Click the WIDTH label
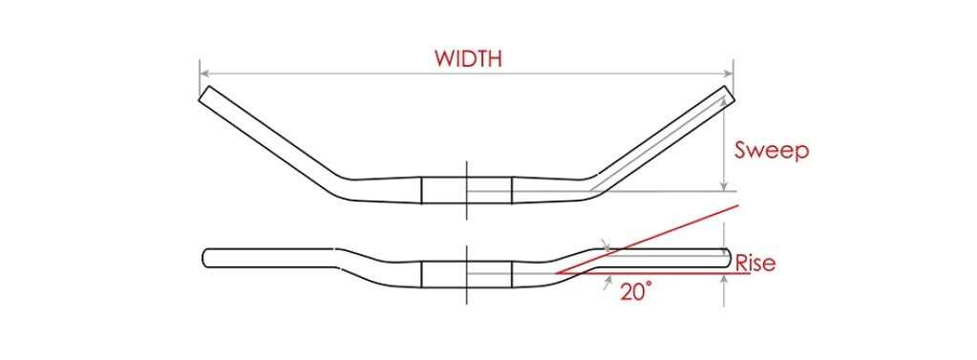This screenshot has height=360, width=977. pyautogui.click(x=468, y=57)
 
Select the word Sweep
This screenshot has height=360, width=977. pyautogui.click(x=772, y=150)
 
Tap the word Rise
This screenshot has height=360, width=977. pyautogui.click(x=754, y=264)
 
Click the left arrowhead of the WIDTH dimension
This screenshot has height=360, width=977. pyautogui.click(x=203, y=72)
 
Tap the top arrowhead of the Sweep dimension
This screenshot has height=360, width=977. pyautogui.click(x=727, y=98)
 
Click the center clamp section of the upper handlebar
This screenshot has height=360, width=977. pyautogui.click(x=467, y=189)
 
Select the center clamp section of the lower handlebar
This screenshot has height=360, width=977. pyautogui.click(x=467, y=273)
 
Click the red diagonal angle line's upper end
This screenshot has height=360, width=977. pyautogui.click(x=736, y=204)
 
